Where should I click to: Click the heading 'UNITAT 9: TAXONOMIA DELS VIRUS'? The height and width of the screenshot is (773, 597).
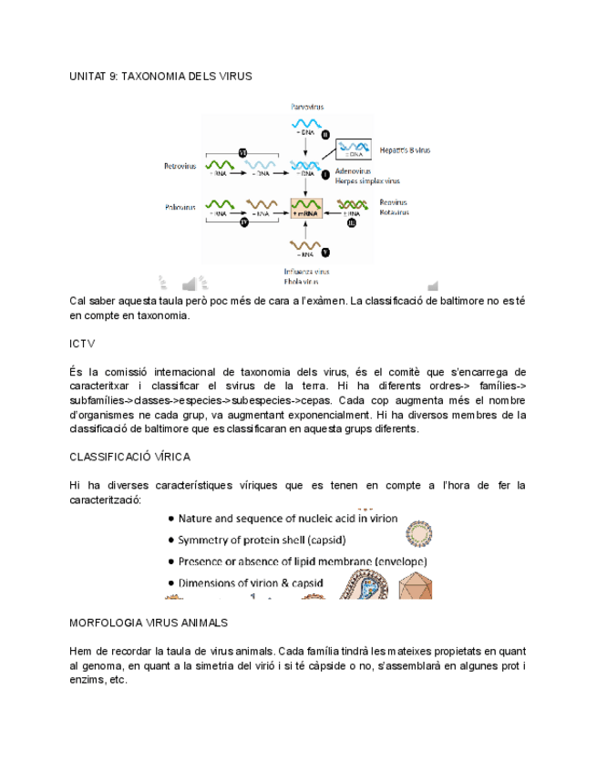[160, 77]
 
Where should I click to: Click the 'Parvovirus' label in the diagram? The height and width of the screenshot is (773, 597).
[307, 107]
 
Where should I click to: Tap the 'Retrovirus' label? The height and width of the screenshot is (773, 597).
[180, 166]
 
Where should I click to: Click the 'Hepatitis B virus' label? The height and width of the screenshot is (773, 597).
[405, 149]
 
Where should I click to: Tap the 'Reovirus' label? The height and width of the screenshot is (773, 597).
[394, 202]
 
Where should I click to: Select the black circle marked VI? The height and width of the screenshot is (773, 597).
[243, 151]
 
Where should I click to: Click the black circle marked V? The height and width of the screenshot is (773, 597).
[325, 252]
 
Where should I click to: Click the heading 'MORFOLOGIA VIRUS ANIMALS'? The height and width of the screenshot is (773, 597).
[149, 623]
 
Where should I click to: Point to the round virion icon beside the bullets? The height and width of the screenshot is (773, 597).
[418, 532]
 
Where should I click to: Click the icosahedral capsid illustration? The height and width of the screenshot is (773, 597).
[415, 586]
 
